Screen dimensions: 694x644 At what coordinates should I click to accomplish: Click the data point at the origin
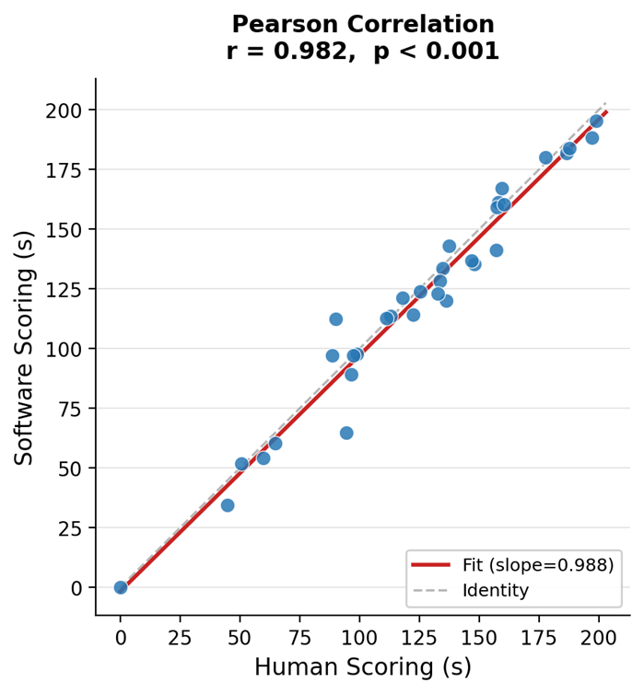[x=121, y=587]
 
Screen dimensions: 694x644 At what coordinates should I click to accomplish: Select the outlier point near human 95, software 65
[x=346, y=433]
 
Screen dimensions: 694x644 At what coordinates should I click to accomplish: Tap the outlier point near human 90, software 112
[x=336, y=319]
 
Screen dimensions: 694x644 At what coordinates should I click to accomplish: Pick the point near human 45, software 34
[x=228, y=505]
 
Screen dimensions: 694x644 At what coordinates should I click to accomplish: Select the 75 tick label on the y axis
[x=71, y=409]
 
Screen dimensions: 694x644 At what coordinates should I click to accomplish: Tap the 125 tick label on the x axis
[x=419, y=637]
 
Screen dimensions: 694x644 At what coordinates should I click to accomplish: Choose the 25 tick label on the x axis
[x=181, y=637]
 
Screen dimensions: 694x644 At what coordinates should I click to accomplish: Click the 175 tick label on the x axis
[x=539, y=637]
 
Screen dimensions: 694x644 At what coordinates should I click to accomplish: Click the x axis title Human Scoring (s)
[x=362, y=668]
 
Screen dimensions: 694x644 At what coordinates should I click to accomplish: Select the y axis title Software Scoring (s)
[x=25, y=347]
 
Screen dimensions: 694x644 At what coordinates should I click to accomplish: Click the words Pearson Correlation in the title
[x=362, y=25]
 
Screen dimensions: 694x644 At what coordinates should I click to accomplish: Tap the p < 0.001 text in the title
[x=436, y=52]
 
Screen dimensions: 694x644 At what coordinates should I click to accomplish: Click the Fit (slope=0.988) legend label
[x=538, y=565]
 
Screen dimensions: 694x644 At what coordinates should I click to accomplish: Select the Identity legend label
[x=496, y=591]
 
